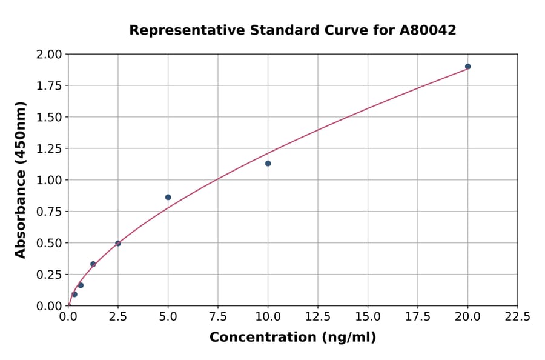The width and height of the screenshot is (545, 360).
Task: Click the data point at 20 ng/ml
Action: click(x=467, y=67)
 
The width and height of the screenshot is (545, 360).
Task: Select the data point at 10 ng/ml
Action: click(x=268, y=164)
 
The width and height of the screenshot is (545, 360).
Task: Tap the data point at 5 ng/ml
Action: click(x=168, y=198)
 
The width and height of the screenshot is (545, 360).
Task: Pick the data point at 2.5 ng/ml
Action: click(x=118, y=244)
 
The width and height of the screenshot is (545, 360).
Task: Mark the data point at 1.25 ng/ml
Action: click(x=93, y=264)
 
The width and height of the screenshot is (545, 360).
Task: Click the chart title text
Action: click(x=292, y=30)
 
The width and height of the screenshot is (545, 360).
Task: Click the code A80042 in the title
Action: click(x=428, y=30)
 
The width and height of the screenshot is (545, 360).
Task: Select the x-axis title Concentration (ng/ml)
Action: click(x=292, y=338)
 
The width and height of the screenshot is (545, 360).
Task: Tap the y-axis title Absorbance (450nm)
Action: click(x=21, y=180)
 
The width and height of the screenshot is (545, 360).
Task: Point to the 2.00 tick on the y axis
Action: click(x=49, y=55)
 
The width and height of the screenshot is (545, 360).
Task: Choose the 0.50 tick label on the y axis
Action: click(x=49, y=243)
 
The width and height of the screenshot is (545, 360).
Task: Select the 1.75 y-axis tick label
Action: click(x=49, y=86)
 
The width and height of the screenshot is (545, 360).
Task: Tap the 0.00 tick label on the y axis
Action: click(x=49, y=306)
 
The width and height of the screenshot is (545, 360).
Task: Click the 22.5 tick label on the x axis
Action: click(x=517, y=317)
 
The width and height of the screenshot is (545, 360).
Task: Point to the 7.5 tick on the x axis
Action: click(x=218, y=317)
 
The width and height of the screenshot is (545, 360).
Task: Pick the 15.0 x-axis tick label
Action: click(x=368, y=317)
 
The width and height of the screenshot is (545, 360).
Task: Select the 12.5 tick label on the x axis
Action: click(x=318, y=317)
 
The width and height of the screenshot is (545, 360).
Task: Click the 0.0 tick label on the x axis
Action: click(x=68, y=317)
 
